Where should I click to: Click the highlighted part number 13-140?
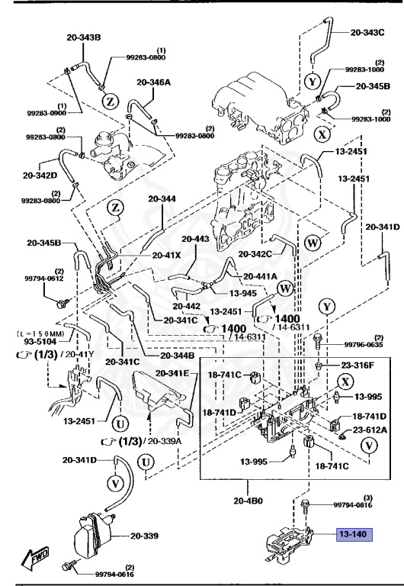tap(354, 534)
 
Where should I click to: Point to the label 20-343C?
tap(368, 33)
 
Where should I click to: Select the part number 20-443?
tap(194, 240)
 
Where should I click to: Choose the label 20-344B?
tap(177, 356)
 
